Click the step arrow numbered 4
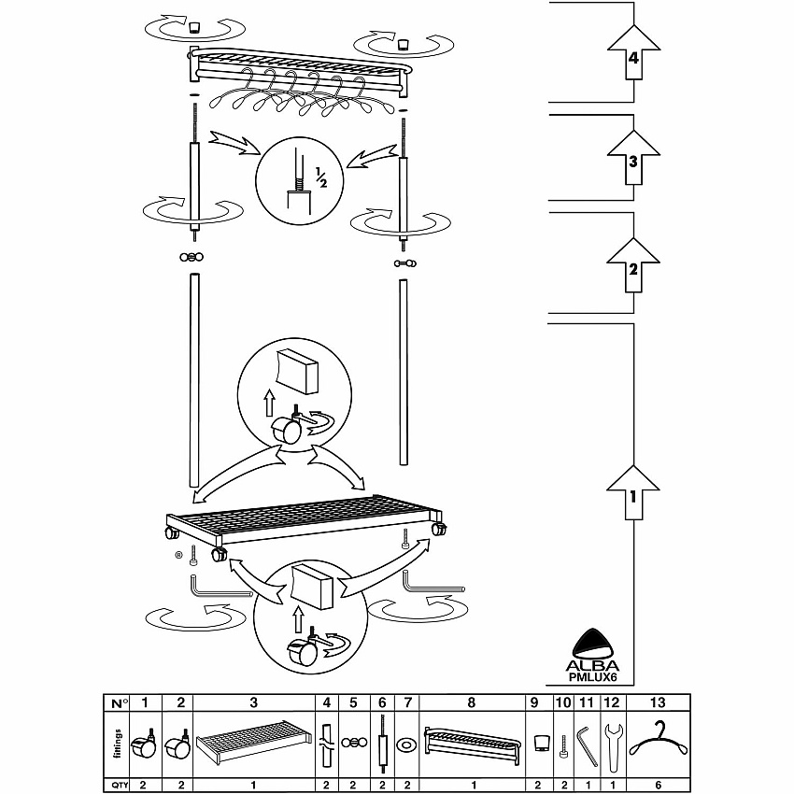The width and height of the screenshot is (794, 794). [x=633, y=52]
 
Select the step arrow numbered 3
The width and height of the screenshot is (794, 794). [x=633, y=157]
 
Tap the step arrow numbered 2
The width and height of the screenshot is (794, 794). [x=633, y=265]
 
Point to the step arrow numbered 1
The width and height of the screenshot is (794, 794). [x=633, y=492]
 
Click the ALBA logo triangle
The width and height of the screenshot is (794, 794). [x=592, y=644]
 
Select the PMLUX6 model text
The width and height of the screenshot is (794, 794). [x=592, y=676]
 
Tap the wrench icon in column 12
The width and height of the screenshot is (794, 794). [x=613, y=746]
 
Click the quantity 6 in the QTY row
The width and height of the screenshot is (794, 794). [x=658, y=786]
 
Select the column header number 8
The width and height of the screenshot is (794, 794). [x=472, y=702]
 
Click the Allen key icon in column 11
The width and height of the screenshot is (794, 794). [x=586, y=747]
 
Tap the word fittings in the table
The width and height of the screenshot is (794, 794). [x=118, y=744]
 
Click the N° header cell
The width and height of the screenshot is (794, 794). [x=119, y=703]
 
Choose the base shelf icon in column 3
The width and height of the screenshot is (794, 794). [x=254, y=740]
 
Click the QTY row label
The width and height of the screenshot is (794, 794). [x=119, y=786]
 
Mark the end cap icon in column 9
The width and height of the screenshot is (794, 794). [x=543, y=744]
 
